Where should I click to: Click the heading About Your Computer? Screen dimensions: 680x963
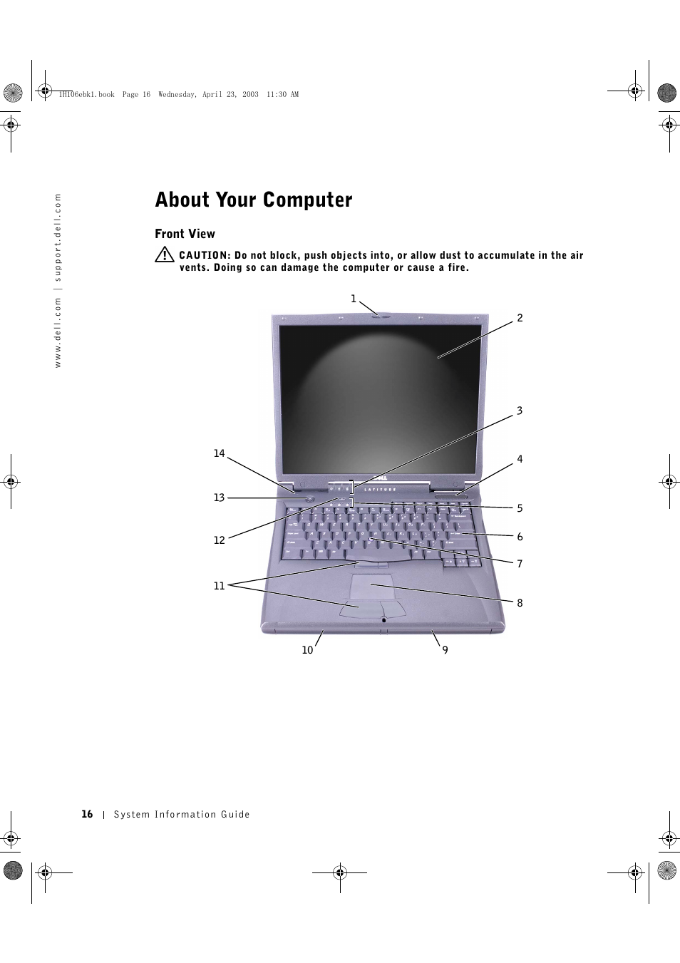click(254, 200)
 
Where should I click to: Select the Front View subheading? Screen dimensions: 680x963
click(185, 234)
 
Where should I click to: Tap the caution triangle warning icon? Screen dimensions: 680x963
click(165, 254)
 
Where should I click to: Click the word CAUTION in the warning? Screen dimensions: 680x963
click(204, 255)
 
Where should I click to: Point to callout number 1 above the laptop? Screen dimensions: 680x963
click(353, 299)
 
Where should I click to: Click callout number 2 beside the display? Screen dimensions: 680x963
click(520, 318)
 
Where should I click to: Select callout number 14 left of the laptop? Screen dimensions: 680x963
click(219, 453)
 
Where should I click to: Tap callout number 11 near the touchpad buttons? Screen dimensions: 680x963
click(219, 586)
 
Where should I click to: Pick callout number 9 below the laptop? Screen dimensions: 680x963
click(445, 649)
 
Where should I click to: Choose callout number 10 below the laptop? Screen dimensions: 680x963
click(307, 650)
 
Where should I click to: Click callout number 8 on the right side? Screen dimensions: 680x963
click(520, 603)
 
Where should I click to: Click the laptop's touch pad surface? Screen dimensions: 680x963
click(372, 588)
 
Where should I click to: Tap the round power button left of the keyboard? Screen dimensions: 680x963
click(309, 499)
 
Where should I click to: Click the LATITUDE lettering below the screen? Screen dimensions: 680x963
click(381, 490)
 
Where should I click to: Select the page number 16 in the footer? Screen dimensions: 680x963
click(87, 814)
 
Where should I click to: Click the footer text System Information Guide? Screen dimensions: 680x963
click(182, 815)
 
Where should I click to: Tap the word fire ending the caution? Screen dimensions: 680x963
click(457, 268)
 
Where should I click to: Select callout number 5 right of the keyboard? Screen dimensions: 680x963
click(520, 508)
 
